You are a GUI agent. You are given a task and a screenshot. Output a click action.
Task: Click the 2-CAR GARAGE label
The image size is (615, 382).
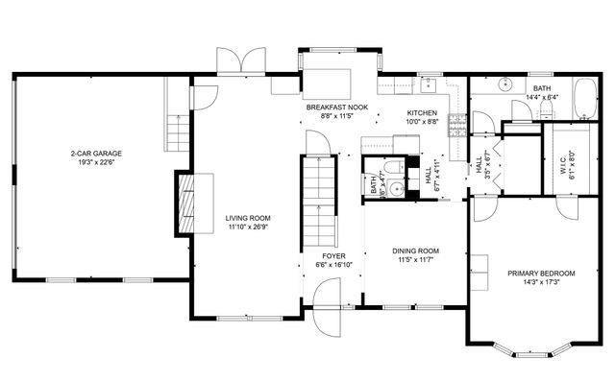pos(95,153)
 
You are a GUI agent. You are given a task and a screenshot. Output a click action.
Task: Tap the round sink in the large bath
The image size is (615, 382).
pos(503,84)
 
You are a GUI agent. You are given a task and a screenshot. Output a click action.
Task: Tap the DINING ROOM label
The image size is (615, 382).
pos(415,251)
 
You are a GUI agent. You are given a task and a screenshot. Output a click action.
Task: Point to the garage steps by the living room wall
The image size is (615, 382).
pos(177,126)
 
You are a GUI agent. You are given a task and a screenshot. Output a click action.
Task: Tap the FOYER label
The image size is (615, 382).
pos(332,257)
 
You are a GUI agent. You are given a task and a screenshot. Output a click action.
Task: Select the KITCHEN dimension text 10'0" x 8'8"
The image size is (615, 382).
pos(423,122)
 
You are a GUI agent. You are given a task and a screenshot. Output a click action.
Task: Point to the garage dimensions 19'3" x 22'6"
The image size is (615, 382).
pos(95,161)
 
